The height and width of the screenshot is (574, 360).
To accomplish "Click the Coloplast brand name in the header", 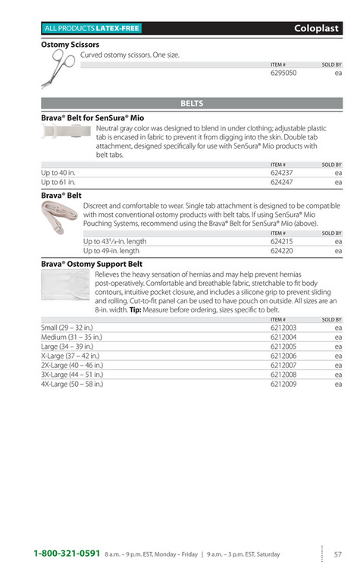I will coord(318,28).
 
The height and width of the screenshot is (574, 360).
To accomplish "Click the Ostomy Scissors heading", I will coord(70,45).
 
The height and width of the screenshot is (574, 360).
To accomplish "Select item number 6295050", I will coord(283,74).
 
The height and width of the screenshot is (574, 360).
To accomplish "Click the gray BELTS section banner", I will coord(192,103).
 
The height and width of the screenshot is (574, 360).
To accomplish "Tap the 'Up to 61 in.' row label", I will coord(58,183).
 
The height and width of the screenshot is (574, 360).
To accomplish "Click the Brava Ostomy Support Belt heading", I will coord(92,264).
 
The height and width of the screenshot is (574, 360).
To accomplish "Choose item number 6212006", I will coord(283,356).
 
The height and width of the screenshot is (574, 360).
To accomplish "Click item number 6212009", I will coord(283,384).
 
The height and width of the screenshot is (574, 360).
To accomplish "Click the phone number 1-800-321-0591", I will coord(67,554).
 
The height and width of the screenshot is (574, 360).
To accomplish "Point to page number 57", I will coord(338,554).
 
